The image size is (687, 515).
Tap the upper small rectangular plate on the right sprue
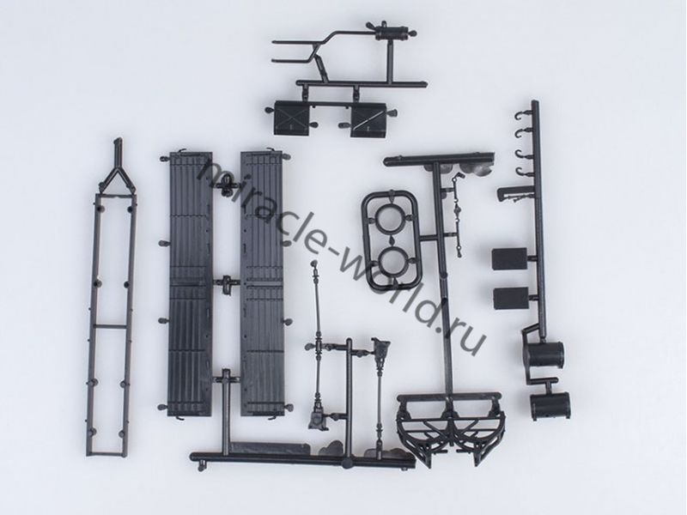(x=508, y=259)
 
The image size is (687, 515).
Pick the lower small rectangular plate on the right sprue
(x=510, y=298)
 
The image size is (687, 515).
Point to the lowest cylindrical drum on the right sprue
(x=550, y=405)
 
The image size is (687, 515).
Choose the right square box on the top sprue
(x=368, y=120)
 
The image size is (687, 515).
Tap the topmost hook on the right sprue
(x=521, y=116)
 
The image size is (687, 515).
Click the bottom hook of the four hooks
(x=522, y=172)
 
